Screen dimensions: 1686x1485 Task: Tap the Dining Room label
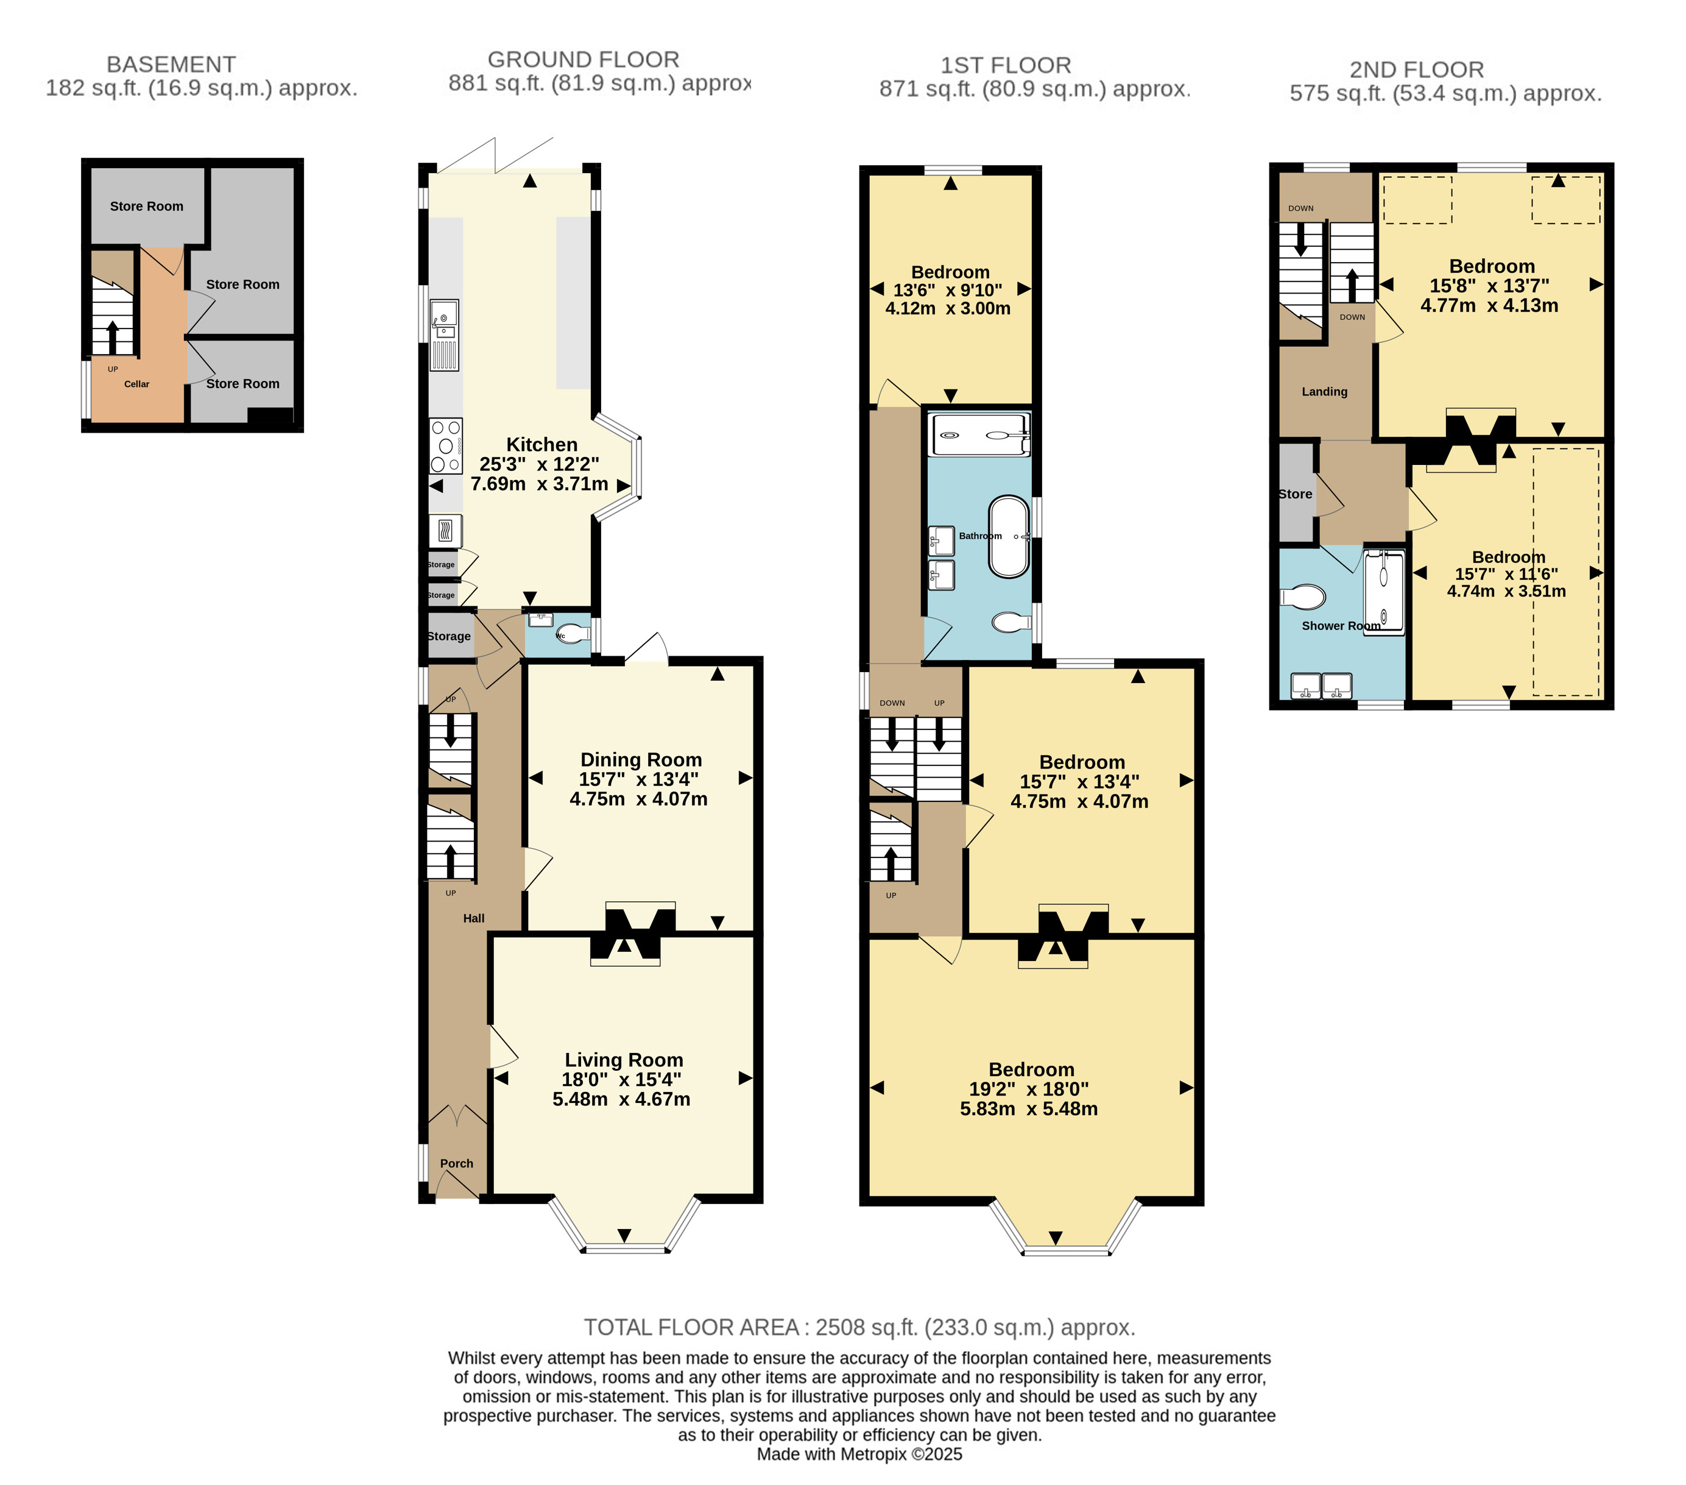(x=641, y=760)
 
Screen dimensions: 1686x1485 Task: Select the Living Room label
(x=624, y=1060)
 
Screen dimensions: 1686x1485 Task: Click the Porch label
(x=456, y=1163)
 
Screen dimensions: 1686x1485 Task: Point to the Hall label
(x=473, y=918)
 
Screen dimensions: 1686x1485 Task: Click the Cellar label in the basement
(x=137, y=384)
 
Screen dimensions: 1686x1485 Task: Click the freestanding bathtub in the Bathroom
(x=1009, y=536)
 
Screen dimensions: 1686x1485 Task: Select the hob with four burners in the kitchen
(x=445, y=445)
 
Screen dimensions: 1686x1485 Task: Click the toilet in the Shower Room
(x=1303, y=596)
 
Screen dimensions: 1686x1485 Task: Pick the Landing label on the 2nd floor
(x=1325, y=392)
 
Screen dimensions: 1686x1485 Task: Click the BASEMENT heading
(x=172, y=65)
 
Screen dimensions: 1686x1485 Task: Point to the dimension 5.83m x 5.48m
(x=1029, y=1109)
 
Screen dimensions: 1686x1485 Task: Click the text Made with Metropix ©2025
(x=859, y=1455)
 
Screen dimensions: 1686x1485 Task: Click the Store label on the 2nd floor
(x=1295, y=494)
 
